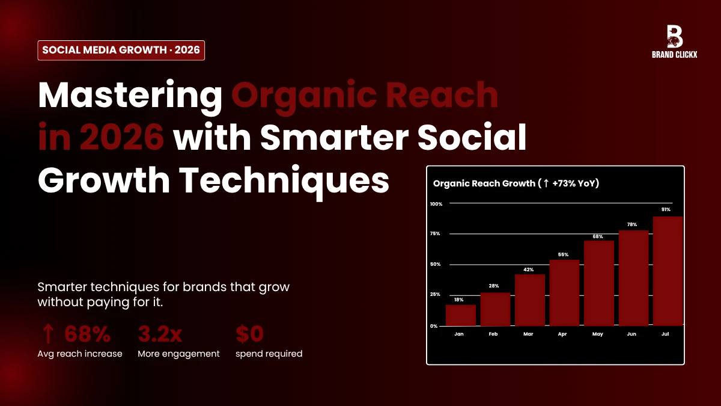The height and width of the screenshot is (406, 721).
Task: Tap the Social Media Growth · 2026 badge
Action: pos(121,50)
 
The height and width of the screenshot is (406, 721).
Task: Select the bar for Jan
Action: pos(460,315)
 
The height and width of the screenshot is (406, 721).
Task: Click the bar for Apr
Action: pos(564,293)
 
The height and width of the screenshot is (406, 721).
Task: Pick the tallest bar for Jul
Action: pos(668,271)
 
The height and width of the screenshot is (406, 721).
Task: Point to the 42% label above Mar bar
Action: pos(529,269)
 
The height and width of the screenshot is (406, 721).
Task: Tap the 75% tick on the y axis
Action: pos(435,233)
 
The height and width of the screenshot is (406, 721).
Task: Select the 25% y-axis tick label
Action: pos(435,294)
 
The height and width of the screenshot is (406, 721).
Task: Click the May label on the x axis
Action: pos(598,333)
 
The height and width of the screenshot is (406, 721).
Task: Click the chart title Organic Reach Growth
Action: pos(516,183)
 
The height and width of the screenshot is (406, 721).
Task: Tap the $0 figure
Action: pos(249,334)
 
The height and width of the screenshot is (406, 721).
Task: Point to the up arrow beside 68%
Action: pos(48,334)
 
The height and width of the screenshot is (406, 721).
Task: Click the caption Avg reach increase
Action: pos(79,354)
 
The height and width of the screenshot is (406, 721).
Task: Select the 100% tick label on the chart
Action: pos(436,204)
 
